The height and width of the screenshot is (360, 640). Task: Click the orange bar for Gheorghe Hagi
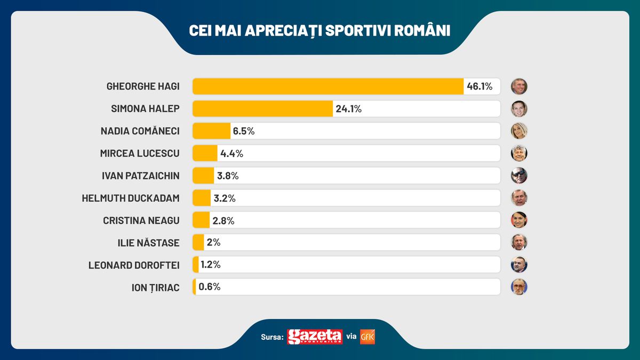327,86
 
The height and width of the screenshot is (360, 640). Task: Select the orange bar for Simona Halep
262,109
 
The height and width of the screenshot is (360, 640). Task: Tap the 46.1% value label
479,86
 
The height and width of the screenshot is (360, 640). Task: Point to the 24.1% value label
349,109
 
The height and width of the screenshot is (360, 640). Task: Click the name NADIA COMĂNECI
140,131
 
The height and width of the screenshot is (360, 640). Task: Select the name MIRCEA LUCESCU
140,154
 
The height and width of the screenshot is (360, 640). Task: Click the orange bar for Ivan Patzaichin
203,175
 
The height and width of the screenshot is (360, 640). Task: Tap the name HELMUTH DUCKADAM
131,198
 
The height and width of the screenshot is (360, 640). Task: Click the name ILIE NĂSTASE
148,243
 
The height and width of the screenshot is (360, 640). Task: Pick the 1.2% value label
211,265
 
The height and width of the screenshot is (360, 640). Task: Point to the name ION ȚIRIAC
155,287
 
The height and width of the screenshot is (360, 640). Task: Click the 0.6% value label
209,287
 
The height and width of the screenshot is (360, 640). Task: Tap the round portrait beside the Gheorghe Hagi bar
519,86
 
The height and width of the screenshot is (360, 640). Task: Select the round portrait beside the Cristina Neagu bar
519,220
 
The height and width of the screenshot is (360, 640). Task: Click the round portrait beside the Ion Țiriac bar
519,287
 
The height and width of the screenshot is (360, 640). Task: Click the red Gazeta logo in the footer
315,337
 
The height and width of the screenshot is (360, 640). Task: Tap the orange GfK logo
367,337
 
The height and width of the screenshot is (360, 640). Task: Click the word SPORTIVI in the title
358,30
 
